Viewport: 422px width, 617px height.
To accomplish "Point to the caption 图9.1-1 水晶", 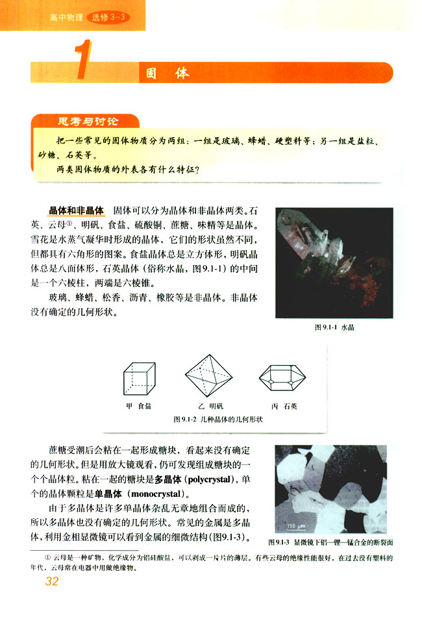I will point(334,328).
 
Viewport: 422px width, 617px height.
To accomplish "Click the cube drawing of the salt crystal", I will point(139,377).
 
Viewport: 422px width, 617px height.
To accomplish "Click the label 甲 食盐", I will point(138,407).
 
